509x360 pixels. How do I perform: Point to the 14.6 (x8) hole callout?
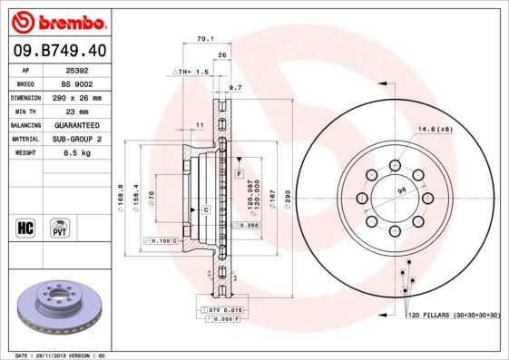click(x=436, y=130)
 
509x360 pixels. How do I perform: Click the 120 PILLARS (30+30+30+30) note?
click(x=454, y=314)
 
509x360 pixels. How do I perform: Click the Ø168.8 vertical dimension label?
click(x=122, y=198)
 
